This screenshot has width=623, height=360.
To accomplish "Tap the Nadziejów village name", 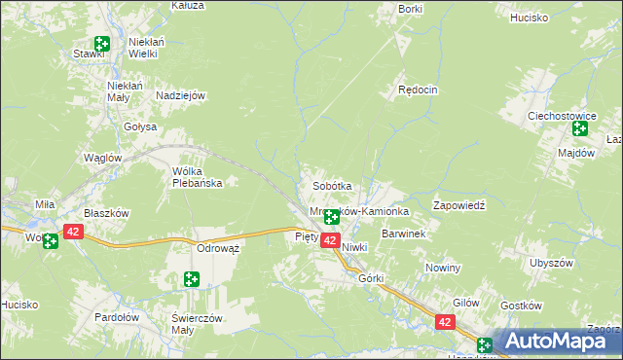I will point(180,95).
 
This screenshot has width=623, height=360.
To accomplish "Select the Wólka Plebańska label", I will point(198,176).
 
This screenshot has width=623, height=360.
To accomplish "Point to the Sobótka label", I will point(331,186).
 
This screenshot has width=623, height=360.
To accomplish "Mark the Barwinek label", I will point(403,234).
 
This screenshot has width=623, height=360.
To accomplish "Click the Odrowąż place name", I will point(218,248).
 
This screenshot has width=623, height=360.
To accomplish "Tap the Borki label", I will point(411,9).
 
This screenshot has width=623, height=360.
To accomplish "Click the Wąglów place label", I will point(102,158).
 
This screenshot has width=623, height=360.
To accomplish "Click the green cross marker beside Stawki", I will point(102,44).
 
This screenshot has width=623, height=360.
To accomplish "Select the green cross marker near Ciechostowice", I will point(581,128).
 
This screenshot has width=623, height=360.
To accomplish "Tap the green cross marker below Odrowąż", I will point(192,280).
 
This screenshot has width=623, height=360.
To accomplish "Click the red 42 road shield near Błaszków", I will point(73,232).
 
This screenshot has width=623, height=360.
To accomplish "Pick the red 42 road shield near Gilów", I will point(445,322).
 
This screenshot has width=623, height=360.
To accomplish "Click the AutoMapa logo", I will point(556,342).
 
